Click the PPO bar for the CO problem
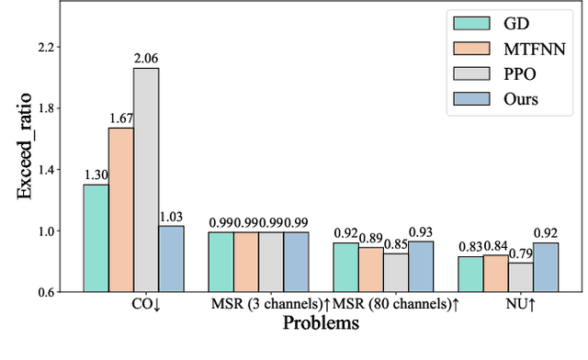point(146,180)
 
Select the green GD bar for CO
point(96,238)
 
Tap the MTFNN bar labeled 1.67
point(121,209)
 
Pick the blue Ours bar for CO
point(171,259)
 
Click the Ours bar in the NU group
point(546,267)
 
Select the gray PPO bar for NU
point(521,277)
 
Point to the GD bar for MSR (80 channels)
point(345,267)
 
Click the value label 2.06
point(146,60)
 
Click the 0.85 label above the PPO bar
point(396,245)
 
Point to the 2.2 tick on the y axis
point(46,47)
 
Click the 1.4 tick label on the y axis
point(46,169)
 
